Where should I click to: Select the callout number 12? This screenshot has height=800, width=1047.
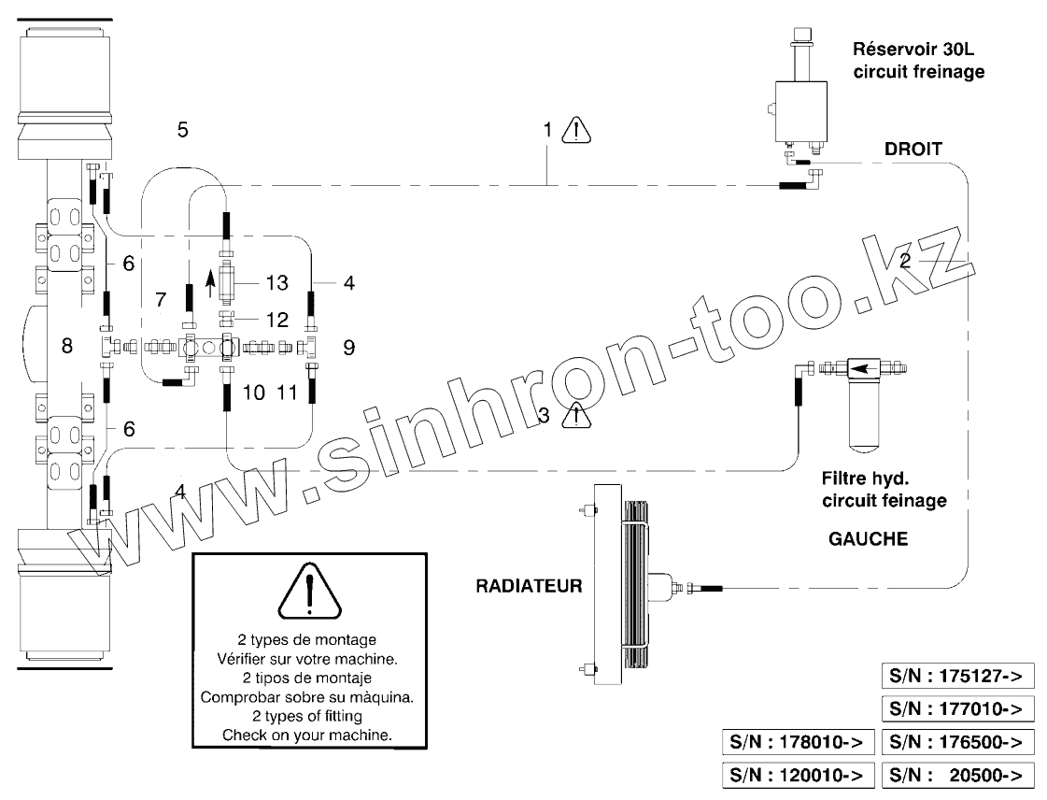point(277,320)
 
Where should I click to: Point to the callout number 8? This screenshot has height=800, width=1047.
point(66,347)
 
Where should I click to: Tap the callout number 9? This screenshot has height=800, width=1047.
point(348,348)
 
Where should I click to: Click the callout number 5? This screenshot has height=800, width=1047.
point(183,129)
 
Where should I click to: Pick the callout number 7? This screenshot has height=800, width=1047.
point(160,299)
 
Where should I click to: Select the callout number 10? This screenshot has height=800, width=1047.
point(254,393)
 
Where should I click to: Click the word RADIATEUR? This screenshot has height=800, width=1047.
point(529,587)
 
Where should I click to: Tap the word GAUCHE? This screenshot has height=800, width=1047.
point(867,539)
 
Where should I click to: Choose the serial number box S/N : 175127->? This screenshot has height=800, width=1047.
point(957,677)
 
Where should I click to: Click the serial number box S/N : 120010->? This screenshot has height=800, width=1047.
point(799,775)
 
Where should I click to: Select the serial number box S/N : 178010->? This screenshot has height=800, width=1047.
point(799,742)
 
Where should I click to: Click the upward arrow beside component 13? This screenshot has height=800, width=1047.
point(211,280)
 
